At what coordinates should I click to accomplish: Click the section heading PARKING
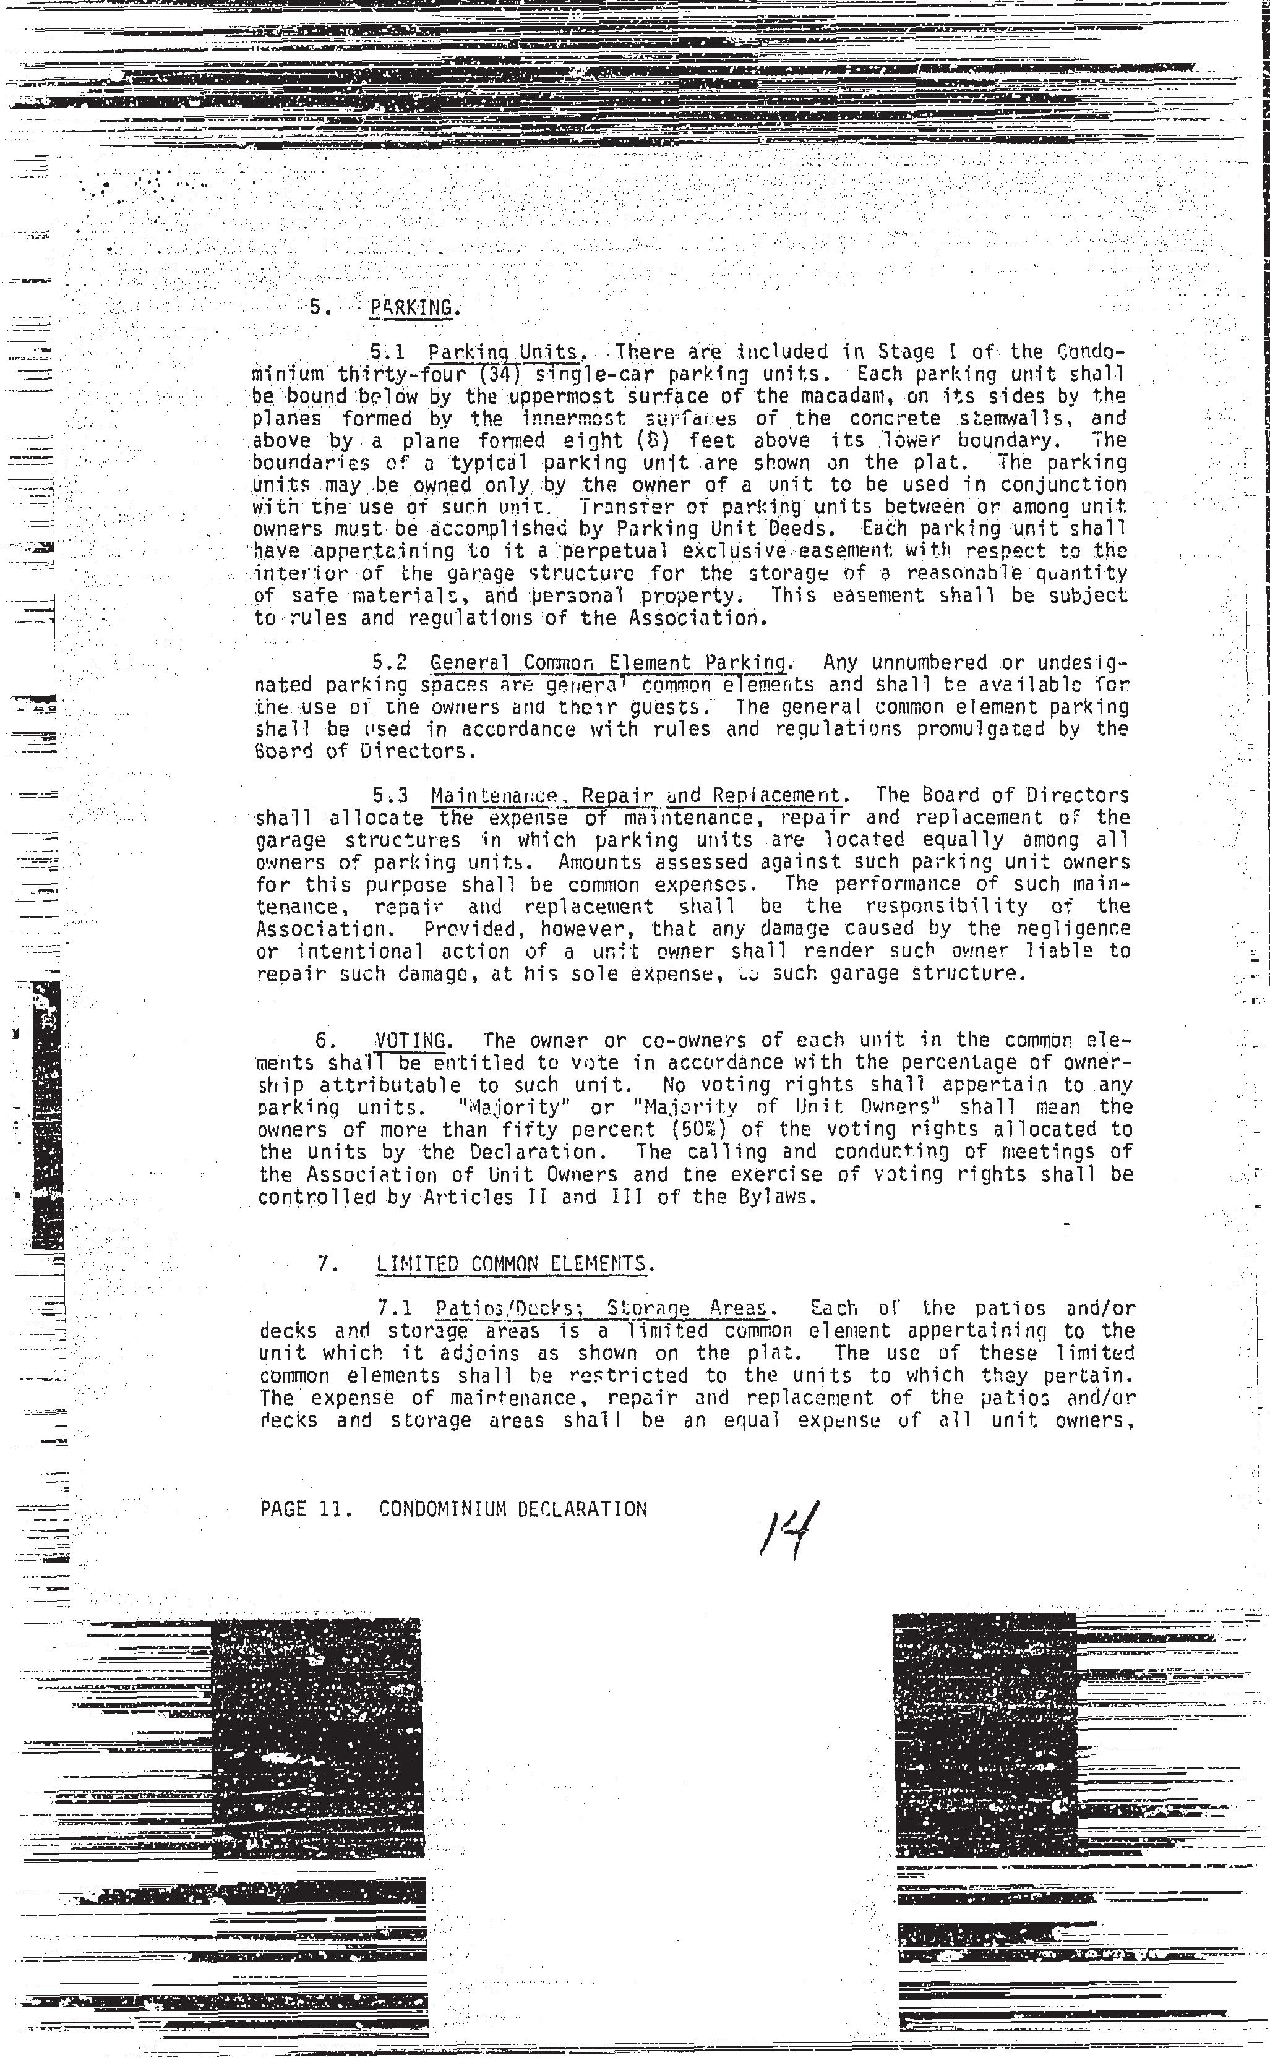[x=416, y=307]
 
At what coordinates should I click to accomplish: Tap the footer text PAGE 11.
[x=293, y=1509]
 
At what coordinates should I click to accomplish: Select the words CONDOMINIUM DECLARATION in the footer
[x=513, y=1509]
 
